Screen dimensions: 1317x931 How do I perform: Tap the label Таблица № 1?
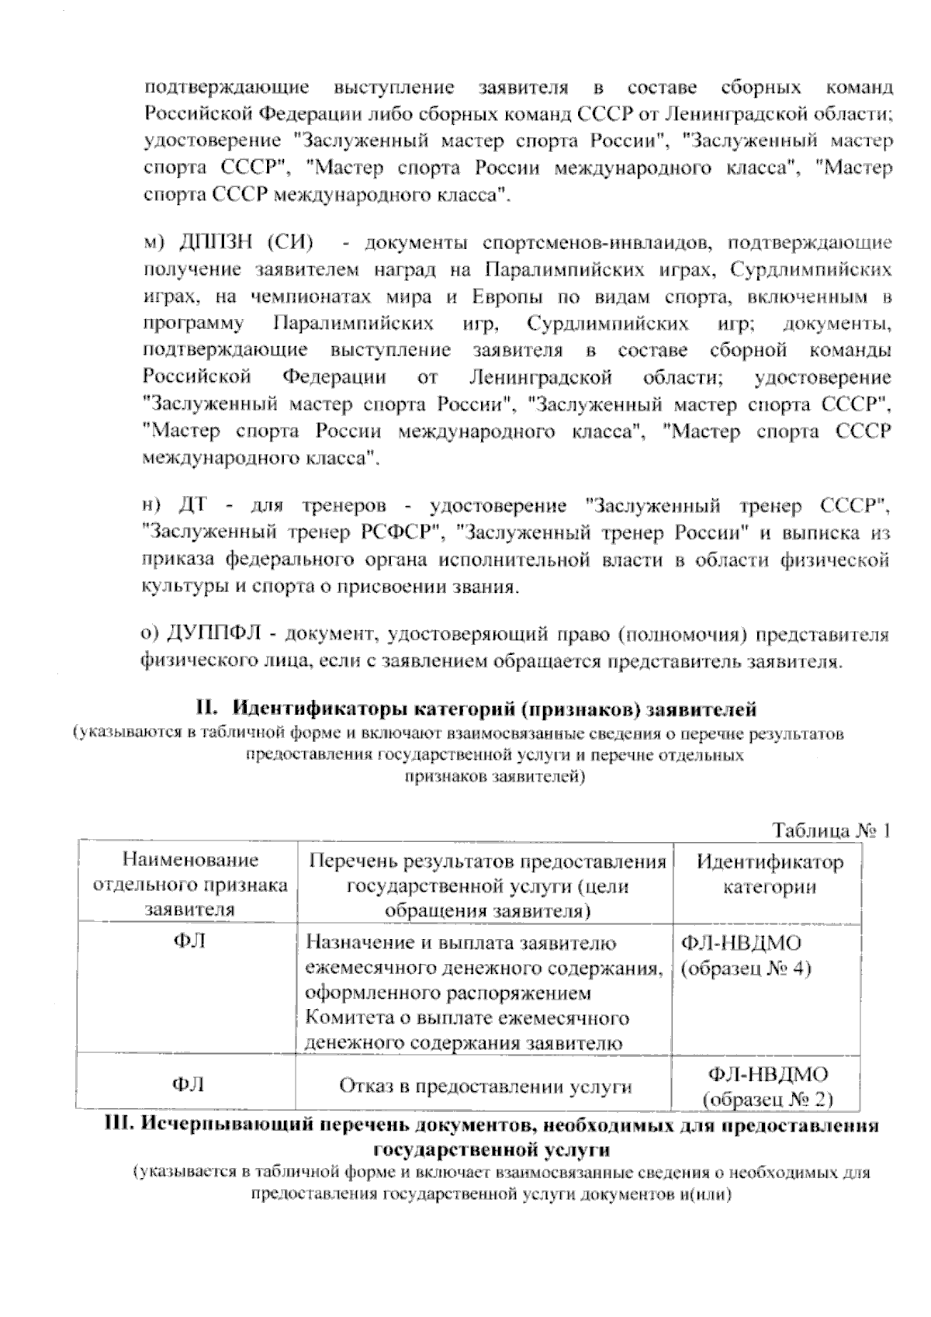click(x=831, y=830)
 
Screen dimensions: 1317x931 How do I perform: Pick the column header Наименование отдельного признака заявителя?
click(x=190, y=886)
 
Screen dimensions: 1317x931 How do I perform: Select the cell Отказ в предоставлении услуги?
click(x=485, y=1087)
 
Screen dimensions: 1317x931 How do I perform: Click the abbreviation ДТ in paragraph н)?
click(x=191, y=507)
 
